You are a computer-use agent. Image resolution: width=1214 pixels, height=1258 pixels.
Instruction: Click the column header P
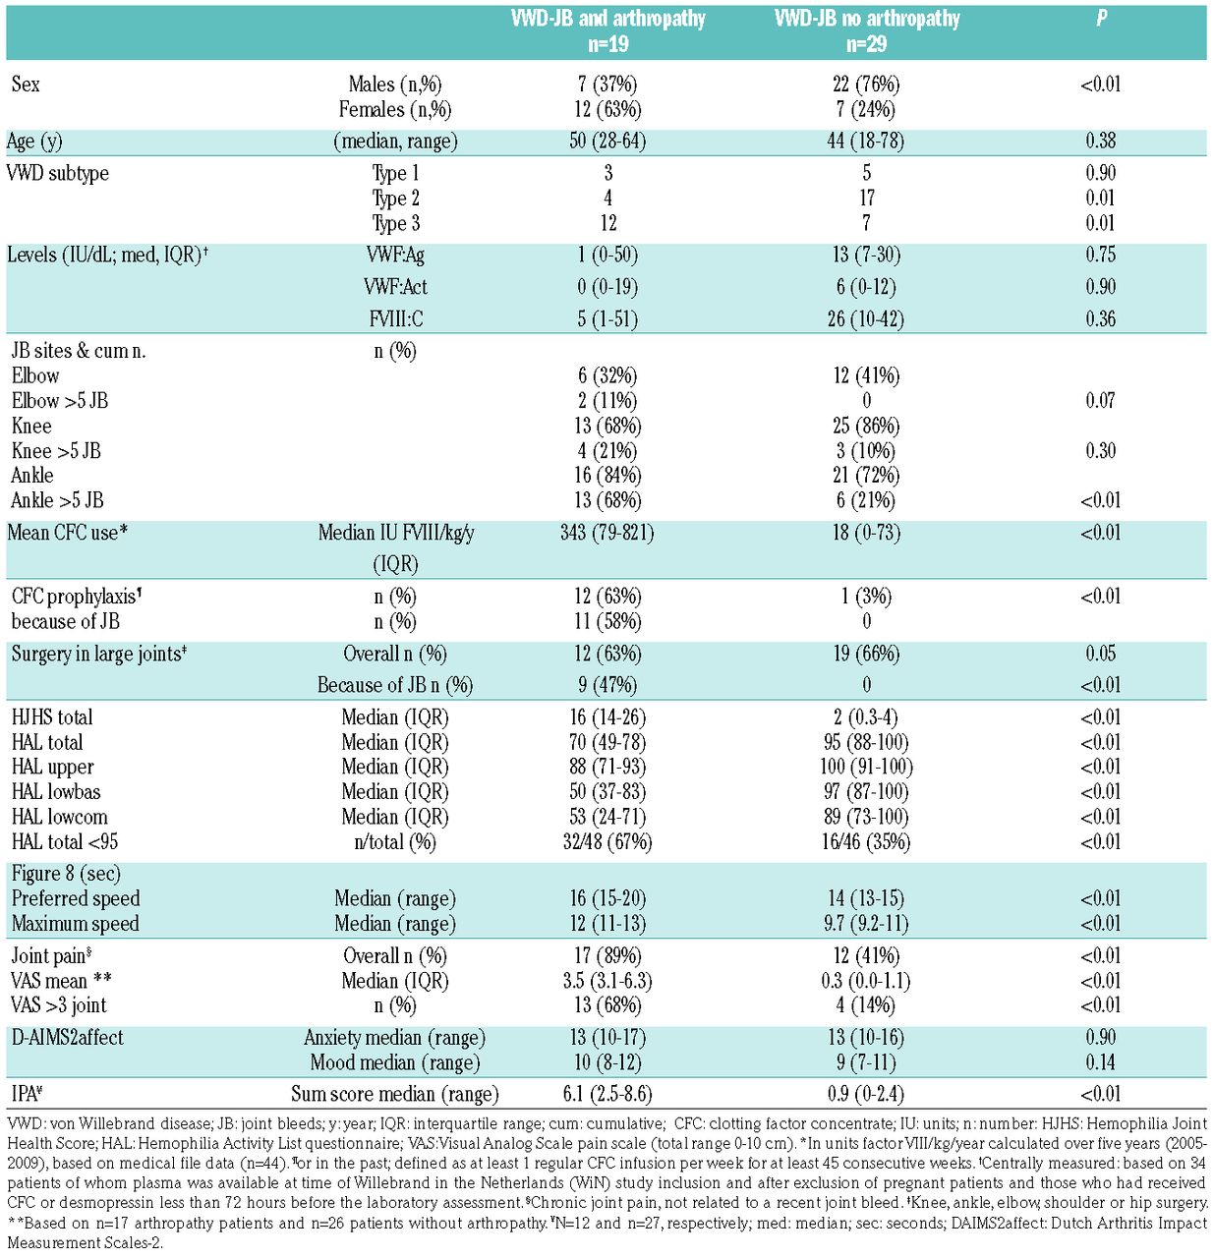click(1101, 19)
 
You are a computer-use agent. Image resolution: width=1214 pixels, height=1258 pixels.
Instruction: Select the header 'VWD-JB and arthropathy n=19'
click(607, 31)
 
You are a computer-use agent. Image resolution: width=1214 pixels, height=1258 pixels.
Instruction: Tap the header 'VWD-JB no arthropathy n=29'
click(866, 31)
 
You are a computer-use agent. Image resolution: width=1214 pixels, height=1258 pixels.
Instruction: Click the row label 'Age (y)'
click(34, 142)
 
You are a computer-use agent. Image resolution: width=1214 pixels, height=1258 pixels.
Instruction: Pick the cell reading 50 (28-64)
click(607, 142)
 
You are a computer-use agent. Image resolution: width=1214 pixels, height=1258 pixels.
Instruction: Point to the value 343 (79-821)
click(607, 534)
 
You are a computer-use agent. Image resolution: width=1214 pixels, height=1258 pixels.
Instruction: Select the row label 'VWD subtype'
click(58, 174)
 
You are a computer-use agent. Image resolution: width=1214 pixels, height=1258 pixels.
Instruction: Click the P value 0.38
click(1101, 142)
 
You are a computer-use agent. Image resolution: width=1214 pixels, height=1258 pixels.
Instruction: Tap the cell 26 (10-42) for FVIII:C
click(866, 319)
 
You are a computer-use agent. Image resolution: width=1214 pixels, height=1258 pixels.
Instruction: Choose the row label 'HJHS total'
click(52, 718)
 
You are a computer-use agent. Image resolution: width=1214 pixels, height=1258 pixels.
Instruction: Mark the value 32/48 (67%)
click(607, 842)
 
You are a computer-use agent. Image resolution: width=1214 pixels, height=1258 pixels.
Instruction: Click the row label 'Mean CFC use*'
click(68, 534)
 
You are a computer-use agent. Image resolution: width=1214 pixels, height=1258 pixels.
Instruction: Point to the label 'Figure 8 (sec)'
click(66, 875)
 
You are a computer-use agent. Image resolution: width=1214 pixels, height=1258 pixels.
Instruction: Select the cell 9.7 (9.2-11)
click(866, 924)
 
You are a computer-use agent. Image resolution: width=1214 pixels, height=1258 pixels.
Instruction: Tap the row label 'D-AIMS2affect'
click(68, 1038)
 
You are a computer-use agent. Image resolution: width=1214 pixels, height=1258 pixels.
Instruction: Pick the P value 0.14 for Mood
click(1101, 1062)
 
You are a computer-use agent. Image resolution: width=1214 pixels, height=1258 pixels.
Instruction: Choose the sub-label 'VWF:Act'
click(395, 288)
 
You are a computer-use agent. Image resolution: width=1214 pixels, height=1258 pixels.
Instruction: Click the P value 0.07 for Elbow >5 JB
click(1101, 401)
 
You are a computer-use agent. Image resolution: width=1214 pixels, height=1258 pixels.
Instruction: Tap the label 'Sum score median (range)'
click(395, 1095)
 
